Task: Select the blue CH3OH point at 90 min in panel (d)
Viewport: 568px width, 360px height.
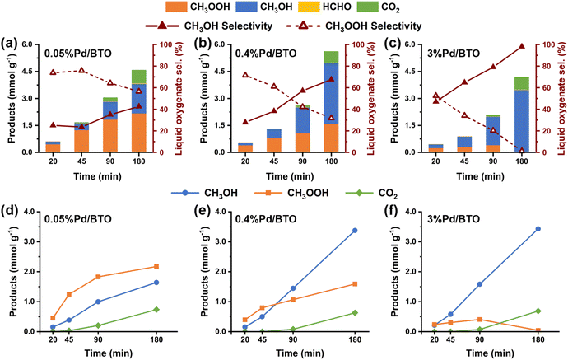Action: (98, 302)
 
